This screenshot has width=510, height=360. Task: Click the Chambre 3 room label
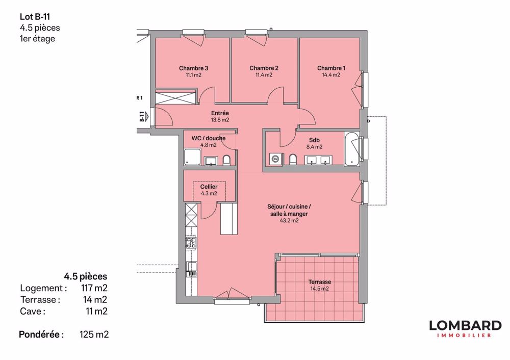click(x=193, y=68)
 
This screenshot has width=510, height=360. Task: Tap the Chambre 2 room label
click(x=264, y=68)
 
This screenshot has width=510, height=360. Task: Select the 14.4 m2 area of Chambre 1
click(x=331, y=75)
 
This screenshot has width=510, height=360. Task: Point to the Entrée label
click(x=220, y=113)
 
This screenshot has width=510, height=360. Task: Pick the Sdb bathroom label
click(x=315, y=140)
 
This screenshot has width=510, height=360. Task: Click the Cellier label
click(x=209, y=187)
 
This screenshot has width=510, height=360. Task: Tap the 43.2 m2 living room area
click(x=288, y=221)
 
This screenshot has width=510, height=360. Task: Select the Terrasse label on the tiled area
click(x=320, y=282)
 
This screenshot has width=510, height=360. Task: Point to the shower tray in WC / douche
click(x=192, y=157)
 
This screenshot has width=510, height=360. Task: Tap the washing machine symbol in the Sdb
click(x=275, y=159)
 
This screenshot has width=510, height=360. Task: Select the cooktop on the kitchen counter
click(x=191, y=243)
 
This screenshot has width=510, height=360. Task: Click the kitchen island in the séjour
click(x=228, y=217)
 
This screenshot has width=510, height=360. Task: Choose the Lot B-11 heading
click(x=31, y=17)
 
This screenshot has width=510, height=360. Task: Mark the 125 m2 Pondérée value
click(x=94, y=335)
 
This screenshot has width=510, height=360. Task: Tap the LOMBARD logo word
click(x=465, y=325)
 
